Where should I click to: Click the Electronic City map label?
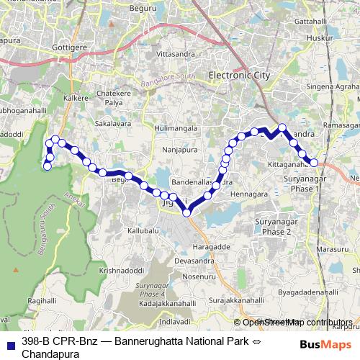click(238, 74)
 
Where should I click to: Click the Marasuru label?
click(331, 248)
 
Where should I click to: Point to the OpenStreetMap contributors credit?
click(292, 322)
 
